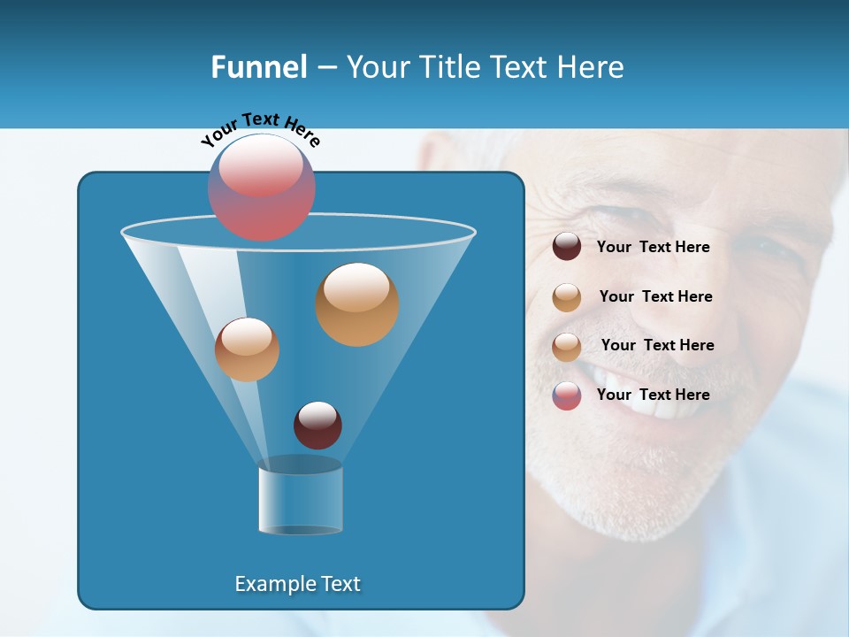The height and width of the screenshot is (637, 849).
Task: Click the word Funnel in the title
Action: coord(258,67)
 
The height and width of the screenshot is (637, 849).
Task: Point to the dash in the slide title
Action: coord(326,68)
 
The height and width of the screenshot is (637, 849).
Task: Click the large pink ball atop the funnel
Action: coord(262,187)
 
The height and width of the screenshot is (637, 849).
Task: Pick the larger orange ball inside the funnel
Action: coord(357,304)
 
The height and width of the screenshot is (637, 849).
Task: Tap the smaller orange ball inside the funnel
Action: coord(247,349)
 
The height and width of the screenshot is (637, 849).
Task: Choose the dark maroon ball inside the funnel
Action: coord(317,425)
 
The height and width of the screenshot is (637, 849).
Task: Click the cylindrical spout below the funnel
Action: coord(301,500)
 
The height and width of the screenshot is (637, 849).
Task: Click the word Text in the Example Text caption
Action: coord(340,584)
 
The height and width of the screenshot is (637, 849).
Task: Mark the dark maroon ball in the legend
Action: coord(567,247)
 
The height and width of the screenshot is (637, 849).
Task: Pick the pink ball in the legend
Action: coord(567,395)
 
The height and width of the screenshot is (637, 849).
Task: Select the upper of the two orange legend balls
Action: coord(567,297)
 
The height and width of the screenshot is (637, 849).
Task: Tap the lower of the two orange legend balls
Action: coord(567,347)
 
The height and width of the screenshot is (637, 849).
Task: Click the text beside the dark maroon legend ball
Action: coord(653,247)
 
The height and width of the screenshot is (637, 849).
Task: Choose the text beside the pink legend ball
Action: coord(653,395)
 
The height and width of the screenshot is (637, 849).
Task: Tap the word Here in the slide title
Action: coord(593,67)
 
